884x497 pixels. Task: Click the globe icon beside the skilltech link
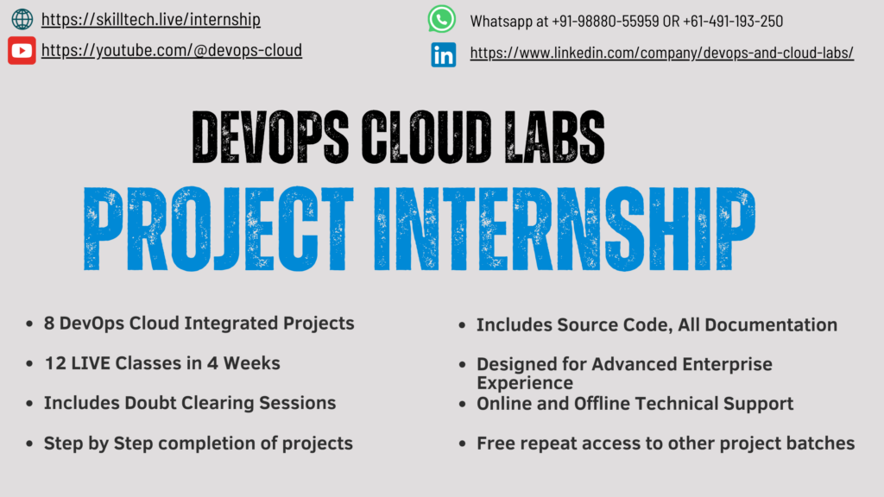click(x=22, y=19)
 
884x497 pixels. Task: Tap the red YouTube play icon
click(x=22, y=51)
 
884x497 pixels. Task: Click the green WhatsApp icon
click(x=441, y=19)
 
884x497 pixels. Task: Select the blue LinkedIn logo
click(x=444, y=55)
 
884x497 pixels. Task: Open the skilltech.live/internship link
click(x=150, y=20)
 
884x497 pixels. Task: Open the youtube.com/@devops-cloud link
click(x=172, y=50)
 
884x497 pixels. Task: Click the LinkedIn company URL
click(x=662, y=53)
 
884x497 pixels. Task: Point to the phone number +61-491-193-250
click(x=733, y=22)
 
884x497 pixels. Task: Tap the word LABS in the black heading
click(x=555, y=137)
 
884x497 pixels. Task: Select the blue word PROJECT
click(x=218, y=229)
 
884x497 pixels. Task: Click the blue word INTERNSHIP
click(x=565, y=229)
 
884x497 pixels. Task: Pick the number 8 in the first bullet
click(x=49, y=324)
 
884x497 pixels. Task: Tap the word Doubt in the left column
click(x=149, y=403)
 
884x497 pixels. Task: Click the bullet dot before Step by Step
click(x=29, y=444)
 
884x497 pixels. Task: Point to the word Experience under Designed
click(x=525, y=383)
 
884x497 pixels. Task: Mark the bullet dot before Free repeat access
click(x=463, y=444)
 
